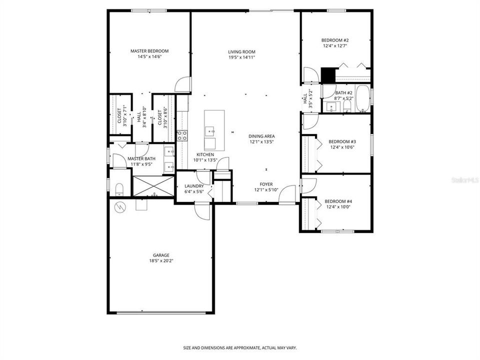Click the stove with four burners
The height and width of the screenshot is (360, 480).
coord(182,135)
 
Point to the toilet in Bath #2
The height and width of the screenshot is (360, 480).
coord(347,106)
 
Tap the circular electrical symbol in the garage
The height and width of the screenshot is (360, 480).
coord(120,206)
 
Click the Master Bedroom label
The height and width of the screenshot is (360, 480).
coord(149,51)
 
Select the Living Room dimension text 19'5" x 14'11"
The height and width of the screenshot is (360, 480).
coord(242,57)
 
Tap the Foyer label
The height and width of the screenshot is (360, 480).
coord(265,184)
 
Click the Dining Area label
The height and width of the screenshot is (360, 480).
coord(261,136)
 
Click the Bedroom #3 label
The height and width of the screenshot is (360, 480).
coord(342,141)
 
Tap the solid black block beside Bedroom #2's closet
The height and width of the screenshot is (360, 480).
coord(328,75)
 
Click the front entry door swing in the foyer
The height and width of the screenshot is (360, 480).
coord(288,194)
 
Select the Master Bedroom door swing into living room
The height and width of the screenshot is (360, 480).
coord(184,84)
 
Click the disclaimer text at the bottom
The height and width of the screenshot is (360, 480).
coord(240,347)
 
